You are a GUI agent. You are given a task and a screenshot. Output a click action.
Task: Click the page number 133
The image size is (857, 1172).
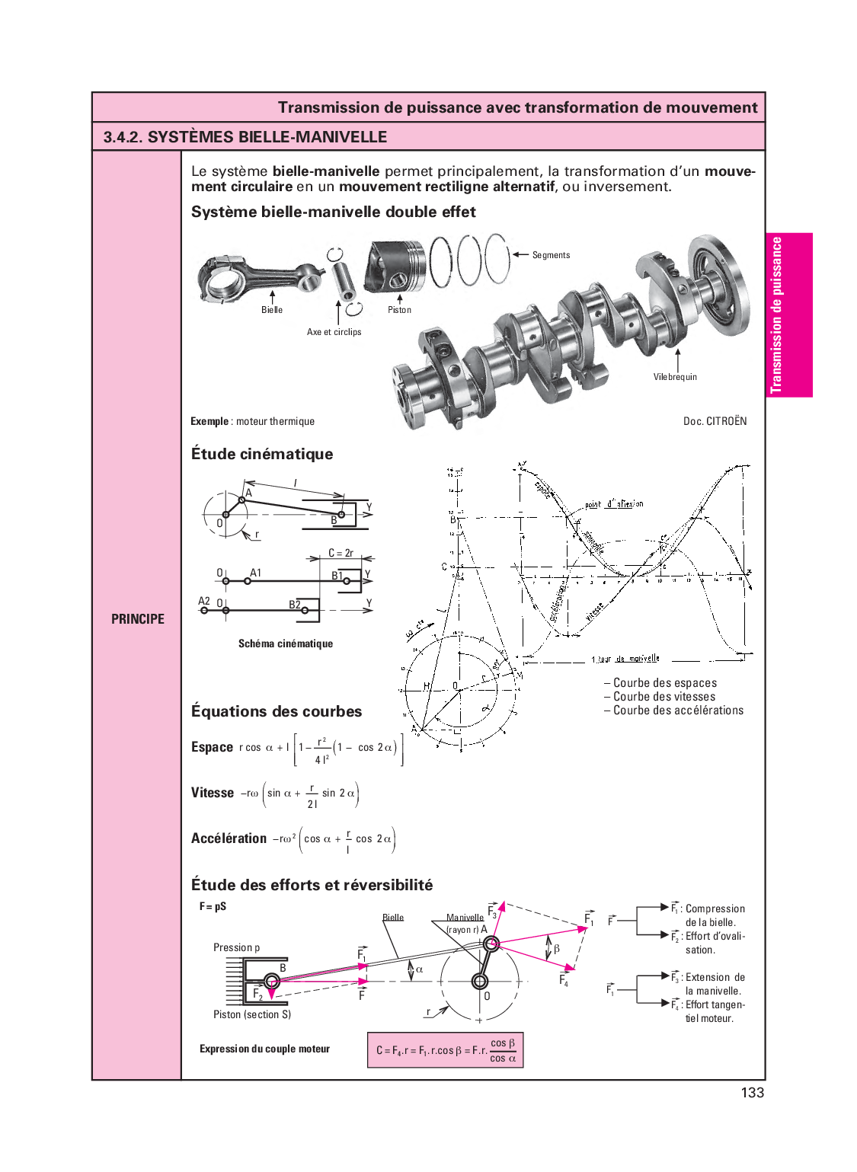pyautogui.click(x=752, y=1093)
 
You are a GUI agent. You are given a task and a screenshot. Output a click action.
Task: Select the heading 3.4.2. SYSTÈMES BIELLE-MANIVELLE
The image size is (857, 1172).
pyautogui.click(x=245, y=137)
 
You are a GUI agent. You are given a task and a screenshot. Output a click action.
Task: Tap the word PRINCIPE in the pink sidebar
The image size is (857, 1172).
pyautogui.click(x=138, y=619)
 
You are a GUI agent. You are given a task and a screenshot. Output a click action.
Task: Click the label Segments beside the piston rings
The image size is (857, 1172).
pyautogui.click(x=551, y=255)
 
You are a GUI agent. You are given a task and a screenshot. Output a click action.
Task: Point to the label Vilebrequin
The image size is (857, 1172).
pyautogui.click(x=675, y=377)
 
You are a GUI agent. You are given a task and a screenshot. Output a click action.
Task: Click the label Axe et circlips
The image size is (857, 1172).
pyautogui.click(x=334, y=332)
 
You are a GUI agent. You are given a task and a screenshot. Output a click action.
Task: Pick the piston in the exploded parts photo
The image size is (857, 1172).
pyautogui.click(x=394, y=266)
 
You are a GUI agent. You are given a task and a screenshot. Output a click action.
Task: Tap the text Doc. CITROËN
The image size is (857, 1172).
pyautogui.click(x=715, y=421)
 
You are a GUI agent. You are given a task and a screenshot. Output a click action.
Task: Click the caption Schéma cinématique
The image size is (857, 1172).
pyautogui.click(x=286, y=643)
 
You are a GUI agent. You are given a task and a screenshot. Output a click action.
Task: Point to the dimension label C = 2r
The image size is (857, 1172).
pyautogui.click(x=341, y=553)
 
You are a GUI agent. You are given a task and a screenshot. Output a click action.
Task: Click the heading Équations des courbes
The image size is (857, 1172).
pyautogui.click(x=277, y=711)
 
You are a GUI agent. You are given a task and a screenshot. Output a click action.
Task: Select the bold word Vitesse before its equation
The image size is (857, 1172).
pyautogui.click(x=213, y=793)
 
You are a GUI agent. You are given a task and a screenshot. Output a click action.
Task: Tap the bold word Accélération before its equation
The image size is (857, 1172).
pyautogui.click(x=229, y=838)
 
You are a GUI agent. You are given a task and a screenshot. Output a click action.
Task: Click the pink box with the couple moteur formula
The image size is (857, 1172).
pyautogui.click(x=446, y=1049)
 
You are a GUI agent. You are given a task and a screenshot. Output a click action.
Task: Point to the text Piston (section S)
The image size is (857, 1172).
pyautogui.click(x=252, y=1014)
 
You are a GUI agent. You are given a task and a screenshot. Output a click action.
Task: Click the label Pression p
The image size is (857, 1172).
pyautogui.click(x=236, y=947)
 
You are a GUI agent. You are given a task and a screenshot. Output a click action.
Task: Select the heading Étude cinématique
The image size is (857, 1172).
pyautogui.click(x=262, y=454)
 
